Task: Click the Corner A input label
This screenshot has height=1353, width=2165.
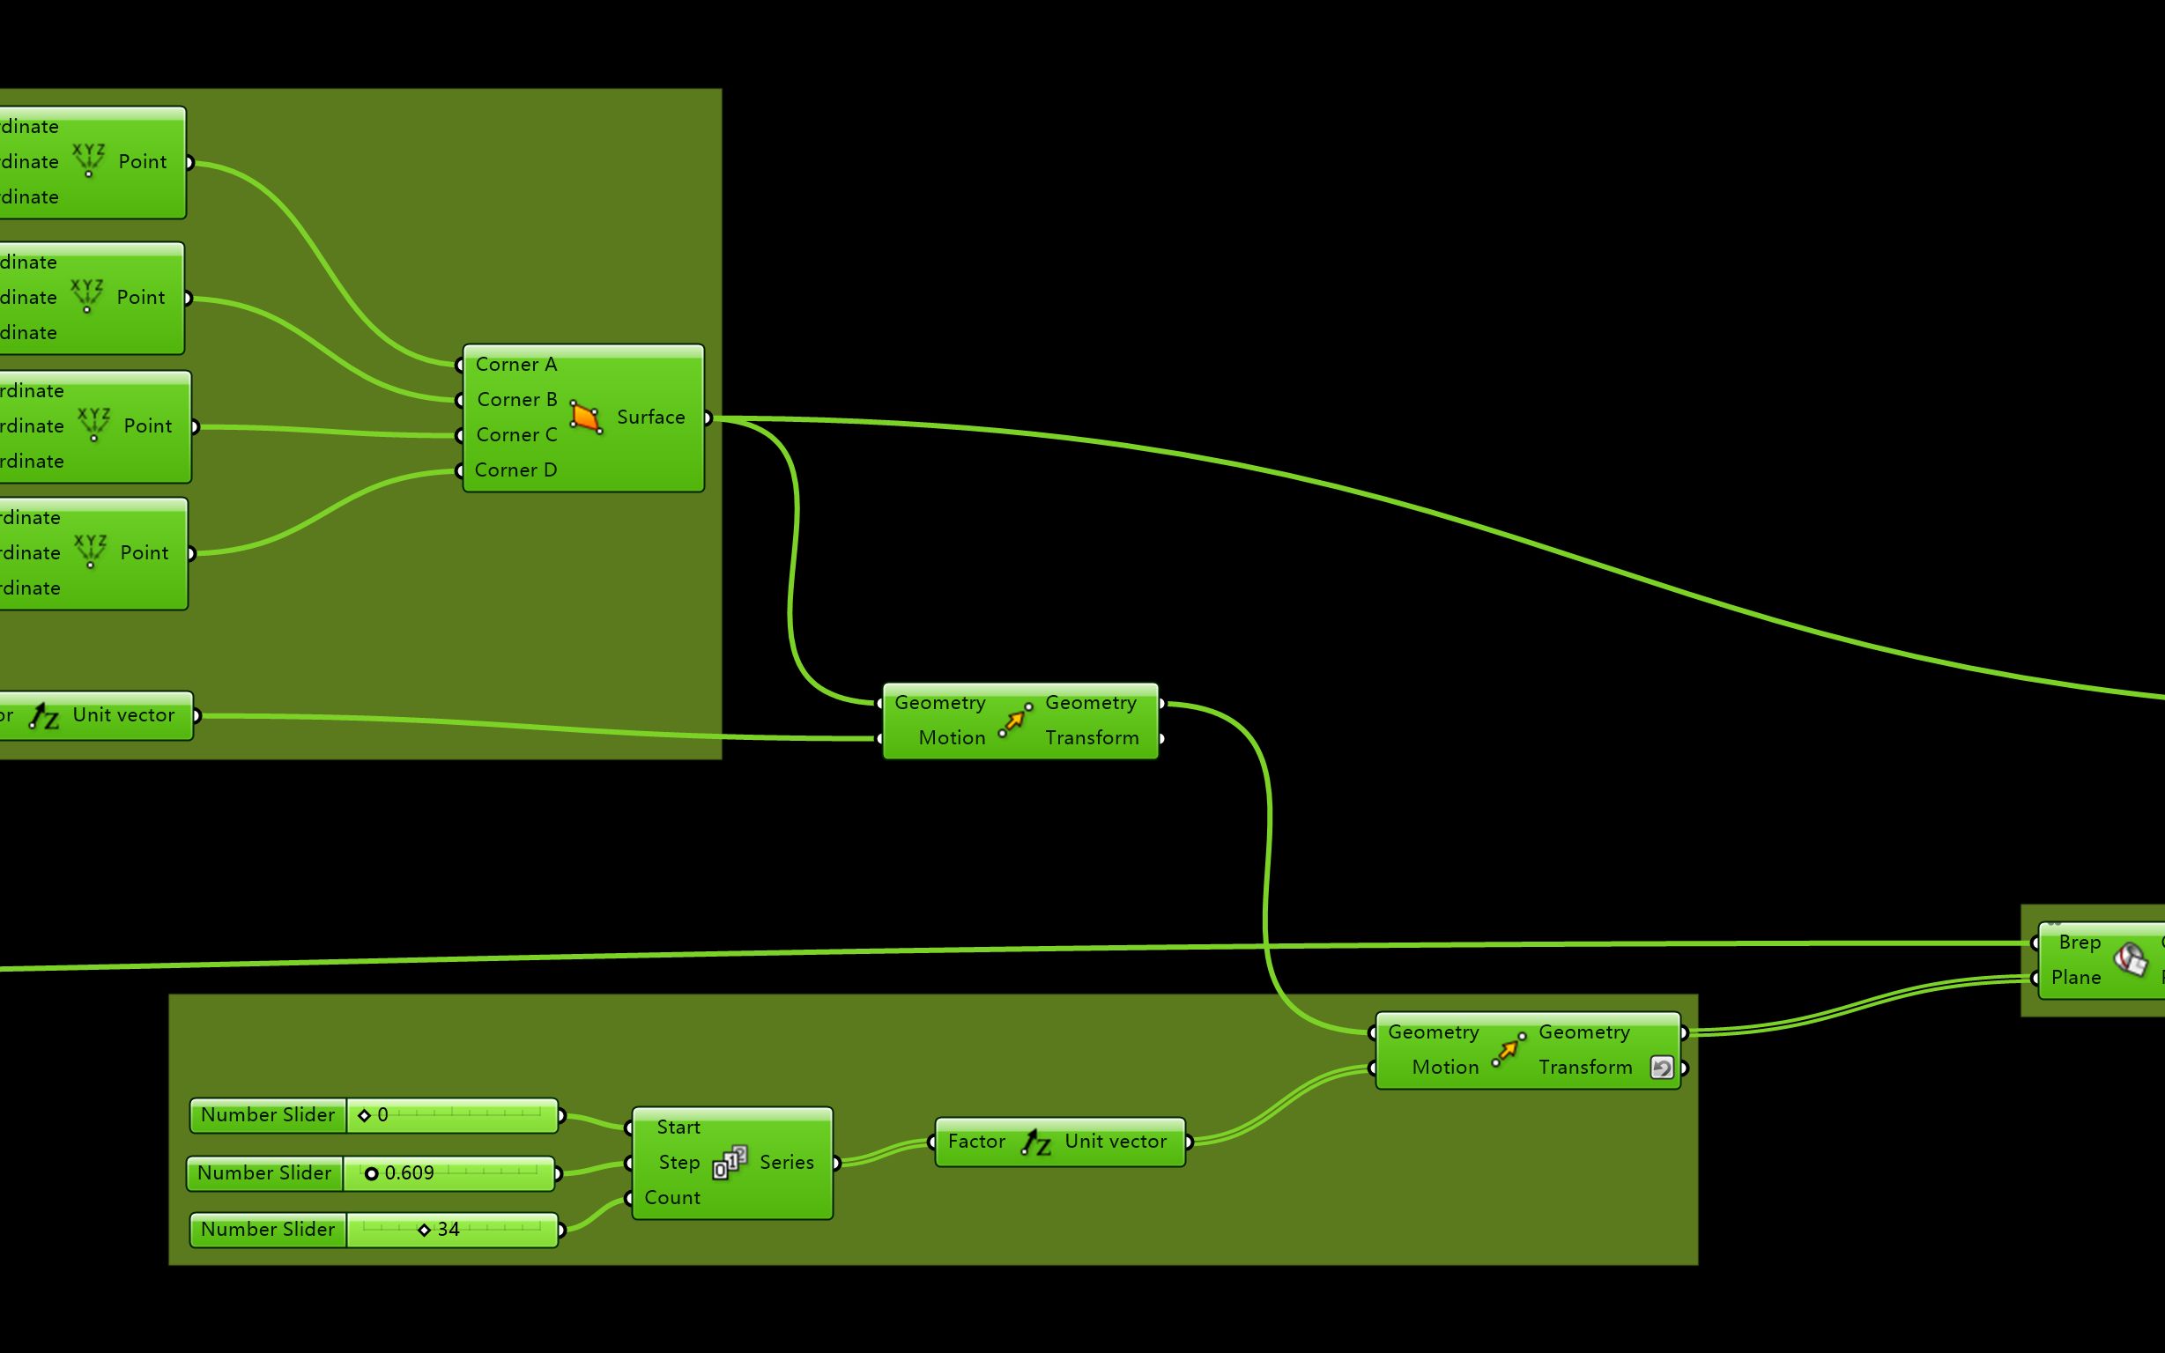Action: pos(515,364)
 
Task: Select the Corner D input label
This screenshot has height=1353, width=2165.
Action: pos(515,469)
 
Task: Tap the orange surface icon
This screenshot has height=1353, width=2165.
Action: pos(585,417)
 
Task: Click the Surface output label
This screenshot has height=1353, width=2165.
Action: pos(650,417)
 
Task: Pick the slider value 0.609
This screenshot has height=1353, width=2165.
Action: pos(409,1173)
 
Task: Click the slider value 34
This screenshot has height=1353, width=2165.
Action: pos(449,1230)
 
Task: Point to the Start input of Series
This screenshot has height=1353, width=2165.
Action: pos(678,1127)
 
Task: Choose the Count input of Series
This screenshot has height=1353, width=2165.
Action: pos(672,1197)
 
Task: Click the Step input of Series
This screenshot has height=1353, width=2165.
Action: pos(678,1163)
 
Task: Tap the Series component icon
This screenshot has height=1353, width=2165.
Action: pos(730,1163)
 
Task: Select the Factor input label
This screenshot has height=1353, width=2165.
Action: pos(976,1142)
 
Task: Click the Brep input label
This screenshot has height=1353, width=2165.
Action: pos(2079,943)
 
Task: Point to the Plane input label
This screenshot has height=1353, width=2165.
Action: pos(2075,977)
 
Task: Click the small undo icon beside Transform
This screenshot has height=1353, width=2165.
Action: pos(1661,1068)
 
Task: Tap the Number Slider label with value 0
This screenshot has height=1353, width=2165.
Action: pos(268,1115)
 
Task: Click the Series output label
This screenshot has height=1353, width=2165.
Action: pos(787,1163)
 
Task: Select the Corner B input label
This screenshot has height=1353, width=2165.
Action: pos(516,399)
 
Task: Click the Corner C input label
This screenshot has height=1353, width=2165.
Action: pos(516,435)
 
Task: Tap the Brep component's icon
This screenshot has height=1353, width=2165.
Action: pos(2131,960)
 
